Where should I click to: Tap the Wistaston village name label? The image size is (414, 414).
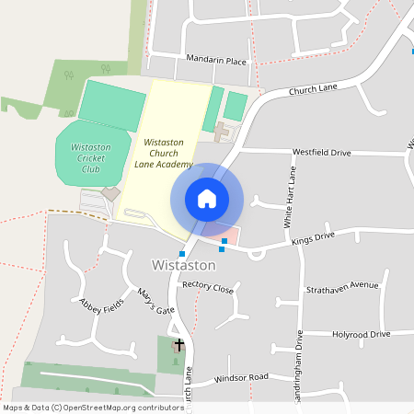183,265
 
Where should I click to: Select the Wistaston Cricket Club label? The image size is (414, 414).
91,157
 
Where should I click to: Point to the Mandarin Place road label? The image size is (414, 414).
216,62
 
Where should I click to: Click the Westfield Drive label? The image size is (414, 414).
322,151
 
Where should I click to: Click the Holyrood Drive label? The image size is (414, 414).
362,334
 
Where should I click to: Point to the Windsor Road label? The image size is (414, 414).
240,378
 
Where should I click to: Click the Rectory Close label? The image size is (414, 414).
208,288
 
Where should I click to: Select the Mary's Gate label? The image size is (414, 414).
155,303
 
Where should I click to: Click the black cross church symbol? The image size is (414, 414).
178,344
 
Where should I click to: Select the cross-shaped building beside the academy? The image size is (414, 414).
223,132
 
